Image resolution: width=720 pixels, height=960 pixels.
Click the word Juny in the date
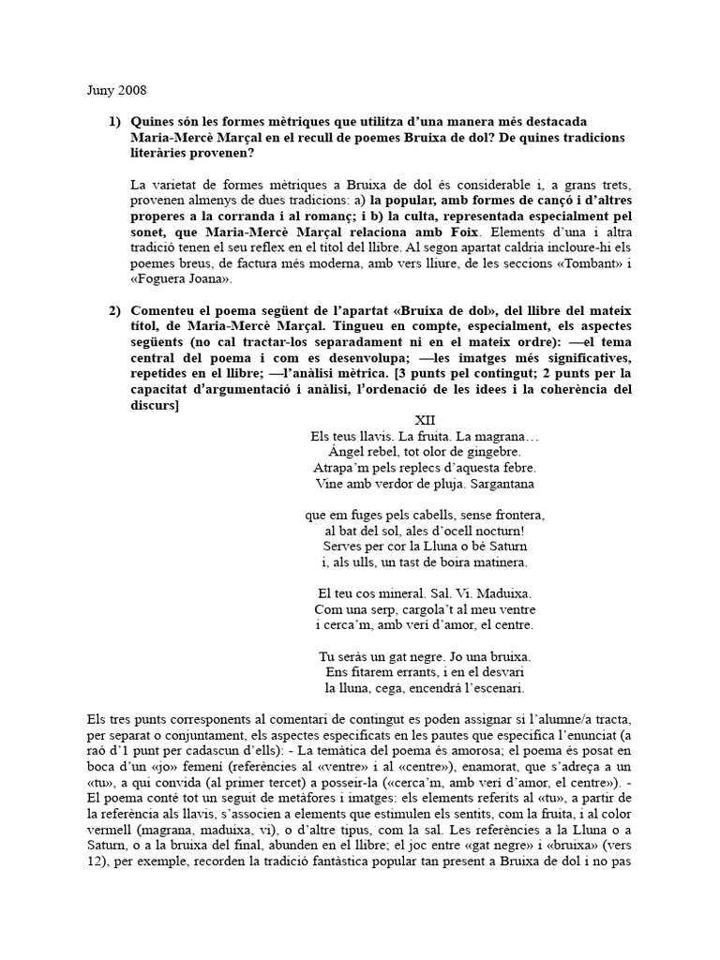[x=99, y=91]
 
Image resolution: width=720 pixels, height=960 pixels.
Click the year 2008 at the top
[x=132, y=91]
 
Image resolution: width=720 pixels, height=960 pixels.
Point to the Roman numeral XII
[x=426, y=420]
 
